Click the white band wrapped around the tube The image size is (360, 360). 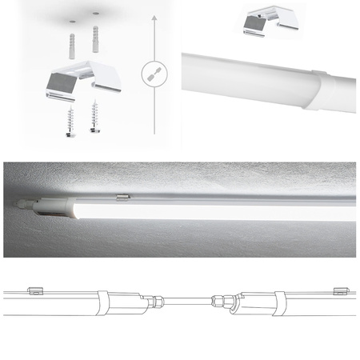click(x=321, y=90)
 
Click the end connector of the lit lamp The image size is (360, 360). click(x=32, y=204)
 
